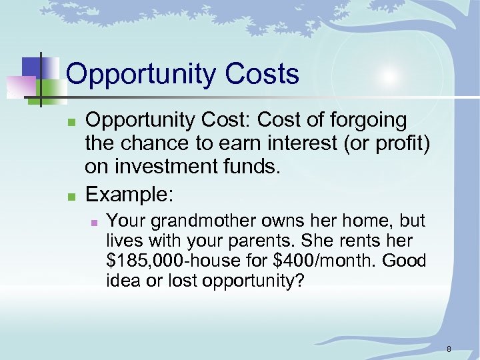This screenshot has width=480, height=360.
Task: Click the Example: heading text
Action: click(x=130, y=194)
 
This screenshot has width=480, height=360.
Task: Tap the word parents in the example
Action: click(x=259, y=241)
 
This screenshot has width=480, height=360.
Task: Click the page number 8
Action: click(x=449, y=349)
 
